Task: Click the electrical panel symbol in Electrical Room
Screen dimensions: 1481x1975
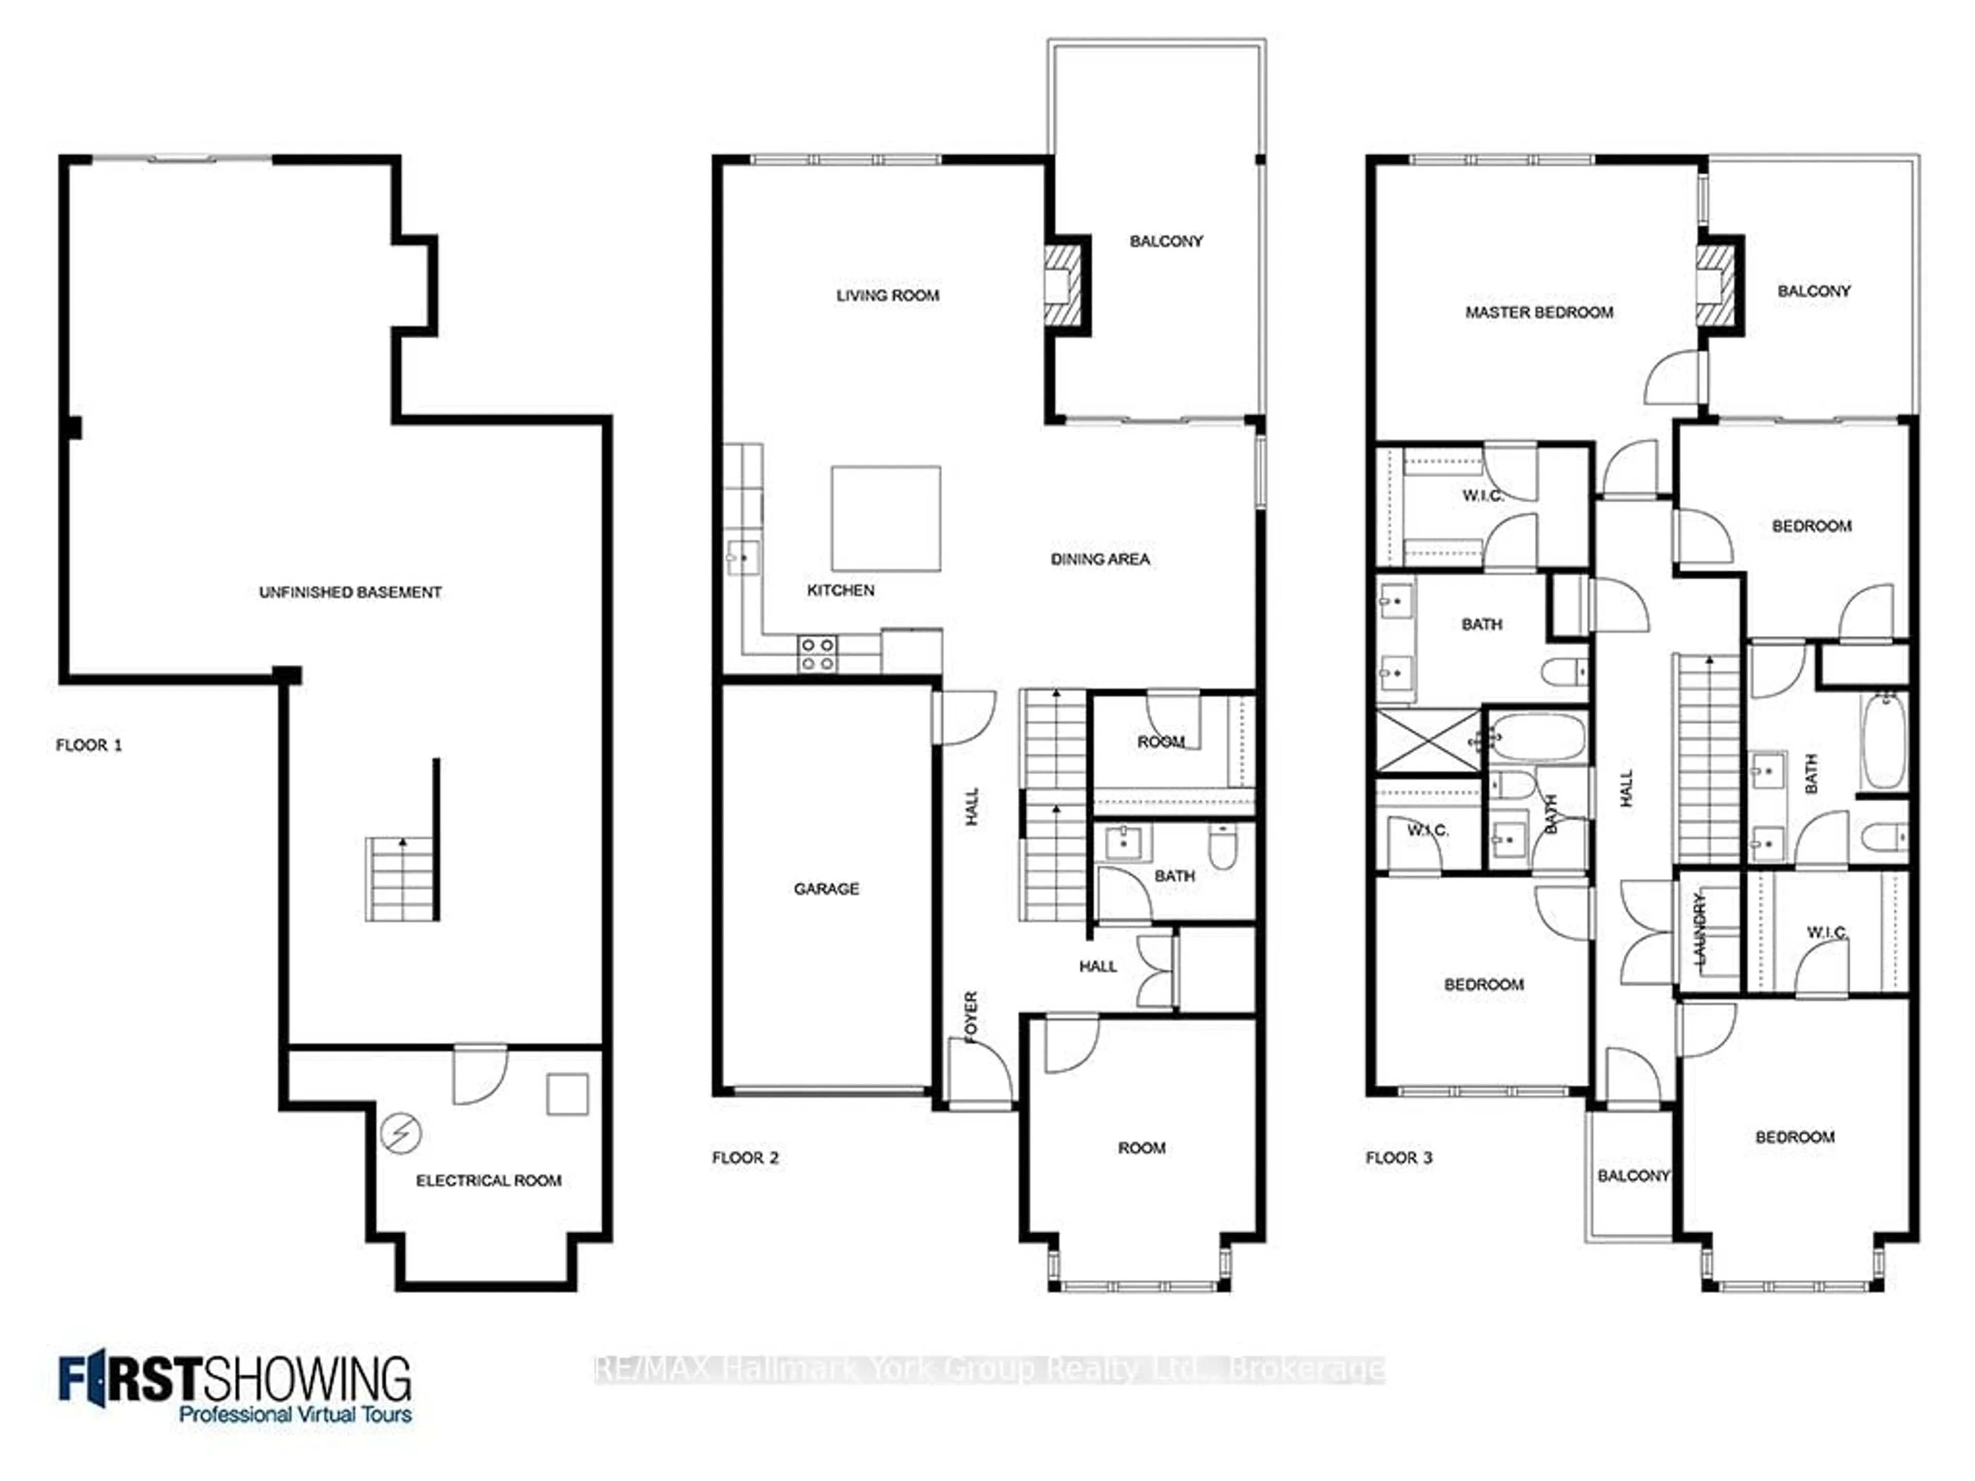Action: (400, 1134)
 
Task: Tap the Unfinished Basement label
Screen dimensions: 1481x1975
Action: (350, 592)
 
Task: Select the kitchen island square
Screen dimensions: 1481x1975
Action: (886, 518)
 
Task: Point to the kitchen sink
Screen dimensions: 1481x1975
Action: (742, 558)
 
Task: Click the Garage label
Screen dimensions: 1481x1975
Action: (826, 888)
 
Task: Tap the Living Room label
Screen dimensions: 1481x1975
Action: (888, 296)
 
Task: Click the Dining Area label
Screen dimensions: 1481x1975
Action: (1100, 559)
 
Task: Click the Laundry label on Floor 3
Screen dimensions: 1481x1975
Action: (1700, 928)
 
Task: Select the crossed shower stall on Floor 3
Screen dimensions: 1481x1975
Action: (1429, 740)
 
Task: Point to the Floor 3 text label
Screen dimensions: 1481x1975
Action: (1398, 1158)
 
